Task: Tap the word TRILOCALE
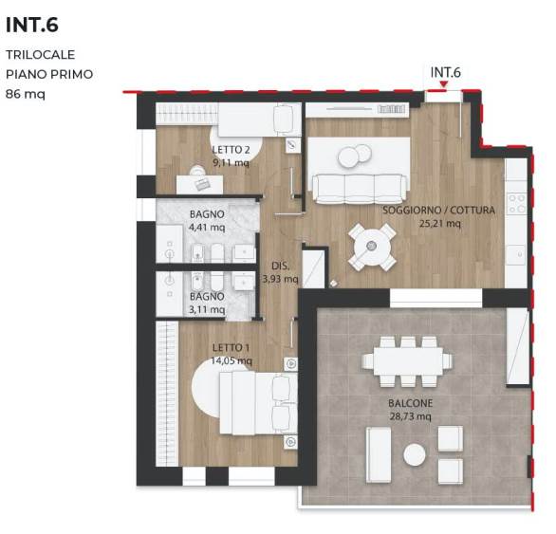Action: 40,55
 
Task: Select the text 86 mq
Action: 26,93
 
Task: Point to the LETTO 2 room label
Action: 231,150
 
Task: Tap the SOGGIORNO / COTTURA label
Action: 439,211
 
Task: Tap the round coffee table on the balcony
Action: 415,455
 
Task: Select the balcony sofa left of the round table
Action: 378,452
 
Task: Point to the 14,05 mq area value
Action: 232,360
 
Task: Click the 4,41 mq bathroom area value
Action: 207,228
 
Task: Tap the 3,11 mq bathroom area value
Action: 207,309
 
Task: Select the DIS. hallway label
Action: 280,266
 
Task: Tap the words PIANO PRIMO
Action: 49,74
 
